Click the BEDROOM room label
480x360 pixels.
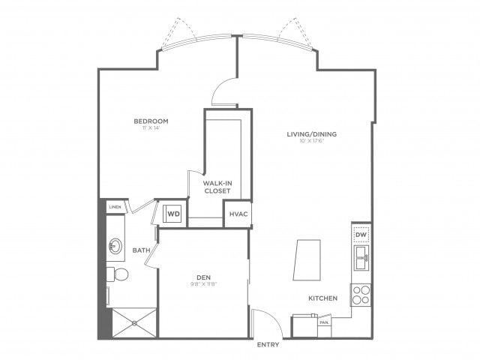click(151, 121)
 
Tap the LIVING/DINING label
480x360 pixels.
click(311, 134)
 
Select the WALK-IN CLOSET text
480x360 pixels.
click(217, 186)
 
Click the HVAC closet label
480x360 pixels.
click(236, 214)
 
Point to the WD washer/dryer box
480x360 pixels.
click(173, 214)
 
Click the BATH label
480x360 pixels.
click(140, 250)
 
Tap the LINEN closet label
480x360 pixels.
click(115, 206)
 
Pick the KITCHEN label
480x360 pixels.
click(322, 298)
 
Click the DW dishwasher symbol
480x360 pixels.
click(361, 235)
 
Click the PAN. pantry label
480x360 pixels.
click(324, 322)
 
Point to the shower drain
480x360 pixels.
click(134, 323)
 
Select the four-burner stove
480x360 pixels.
click(361, 294)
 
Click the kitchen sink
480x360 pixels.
click(361, 261)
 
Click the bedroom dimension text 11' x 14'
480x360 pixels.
click(151, 129)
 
